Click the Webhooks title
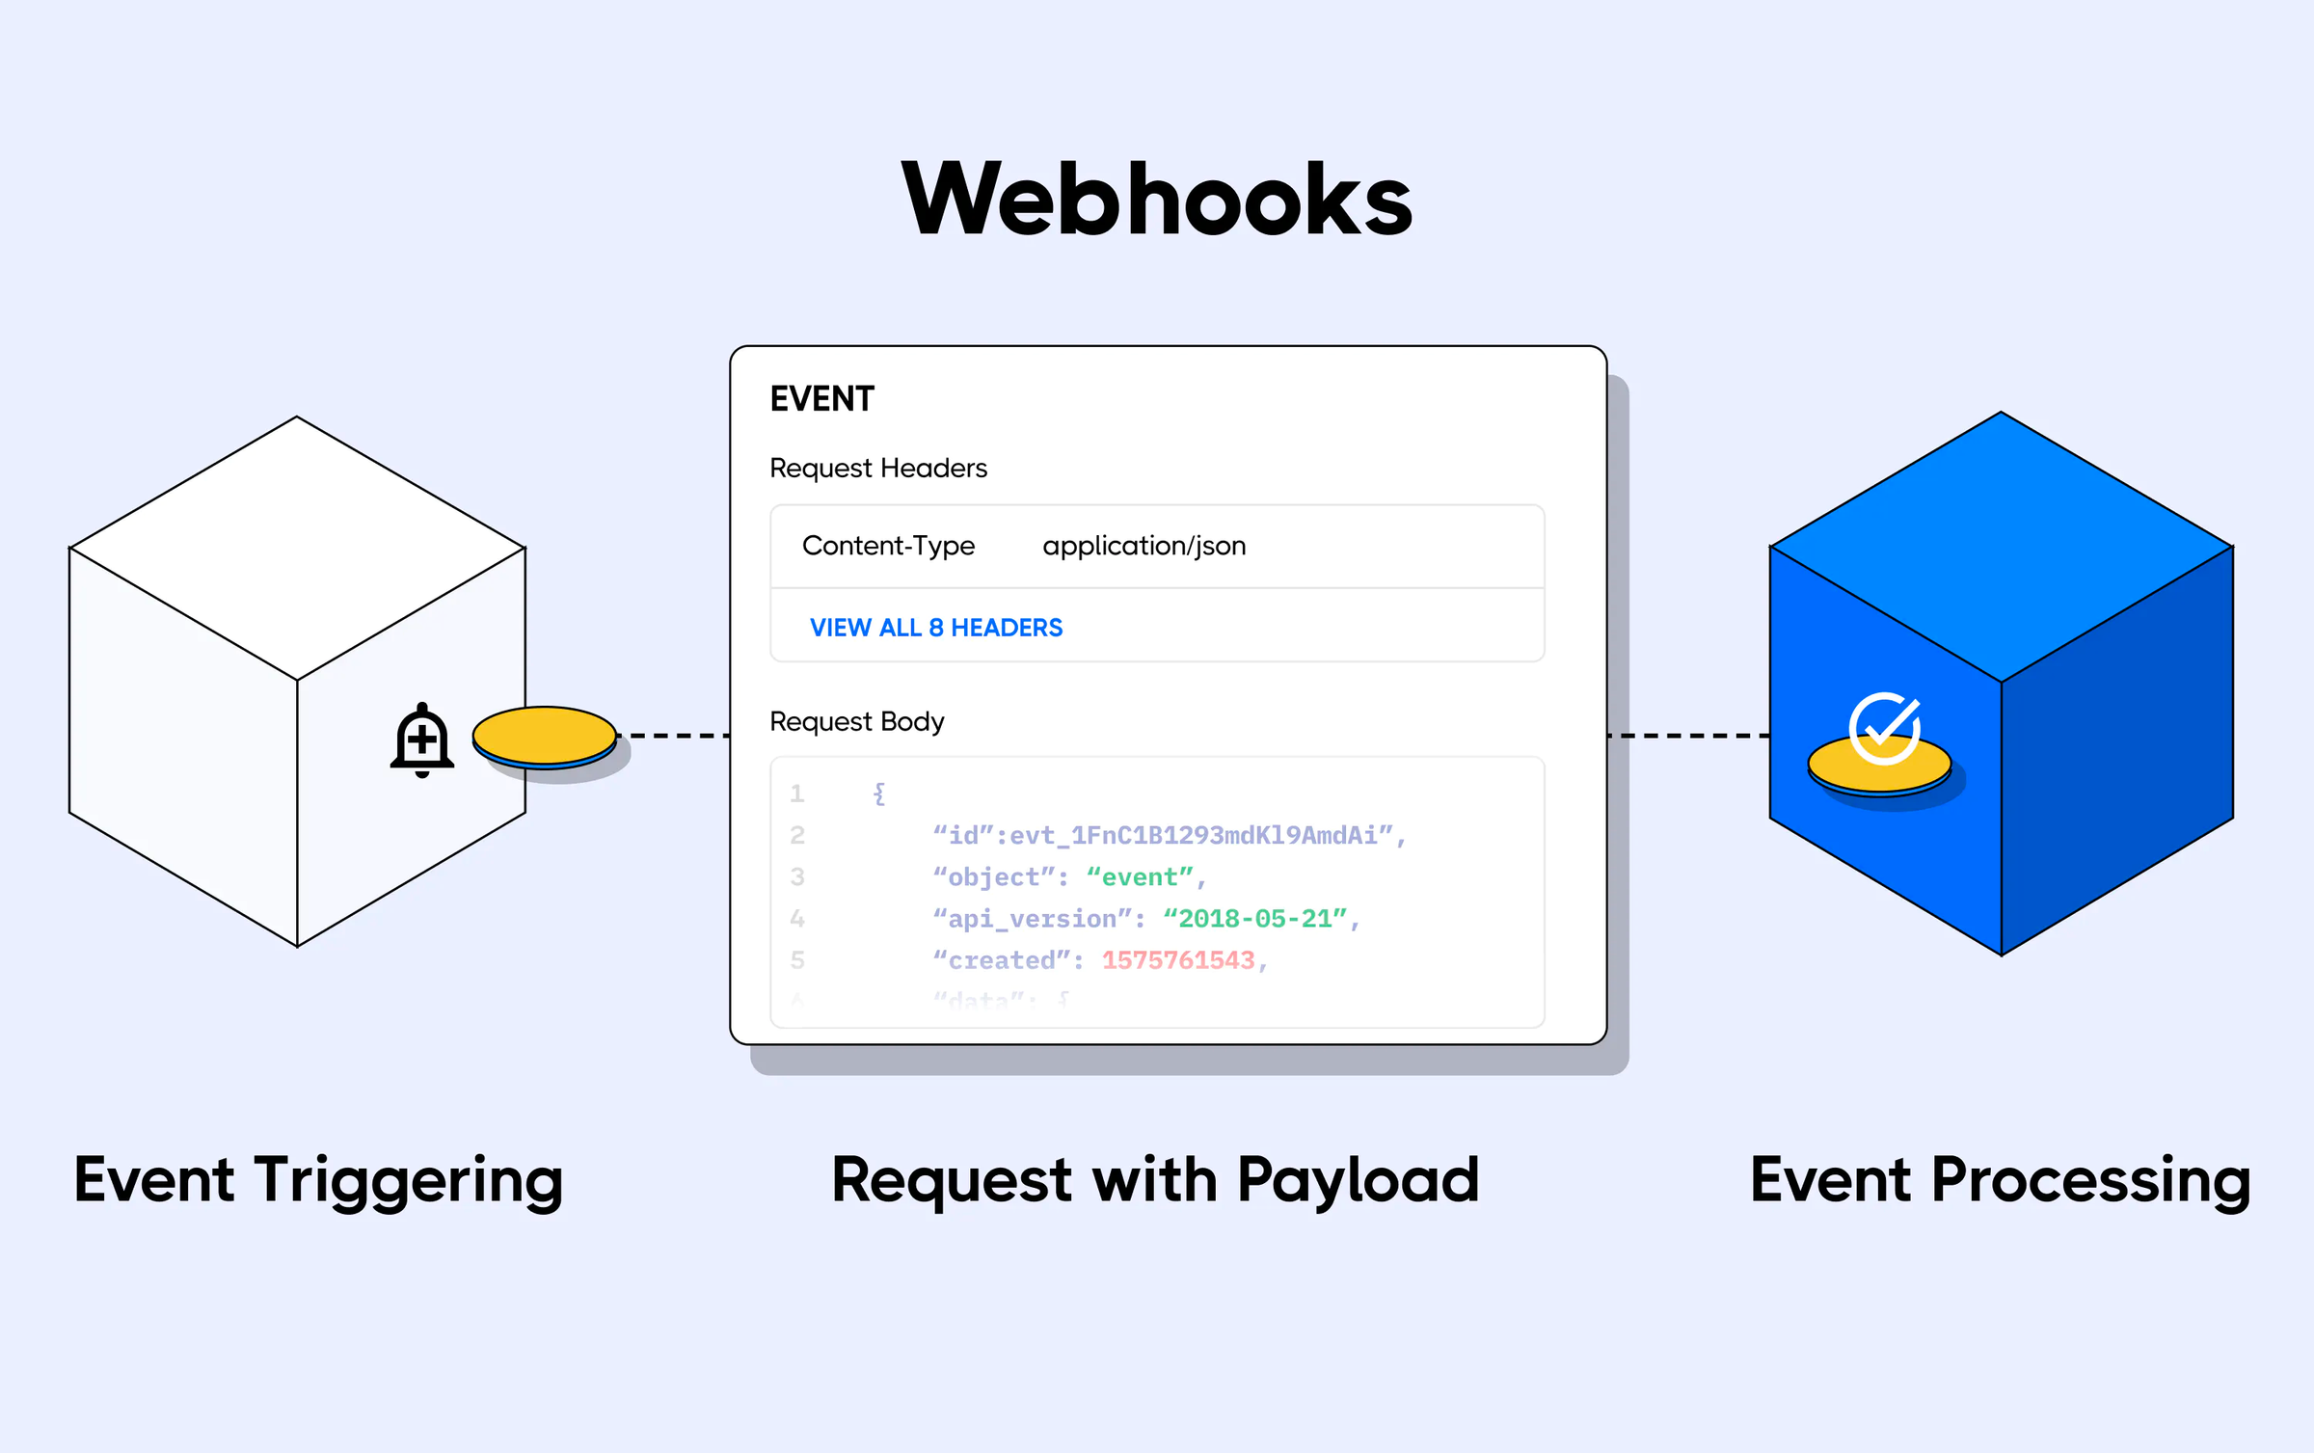[1156, 200]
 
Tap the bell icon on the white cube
[422, 740]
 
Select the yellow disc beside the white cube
[545, 736]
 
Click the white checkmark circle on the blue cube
[1884, 728]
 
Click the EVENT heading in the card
[821, 399]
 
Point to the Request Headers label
[877, 469]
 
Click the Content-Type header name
[888, 546]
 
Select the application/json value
[1144, 546]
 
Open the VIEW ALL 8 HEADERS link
[935, 628]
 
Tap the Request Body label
[856, 721]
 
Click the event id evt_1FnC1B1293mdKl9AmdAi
[1194, 836]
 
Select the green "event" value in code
[1140, 877]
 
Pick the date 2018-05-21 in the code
[1254, 919]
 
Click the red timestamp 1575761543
[1178, 960]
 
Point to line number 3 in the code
[797, 877]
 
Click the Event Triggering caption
[318, 1180]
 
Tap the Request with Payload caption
[1155, 1180]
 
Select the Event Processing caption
[2000, 1180]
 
